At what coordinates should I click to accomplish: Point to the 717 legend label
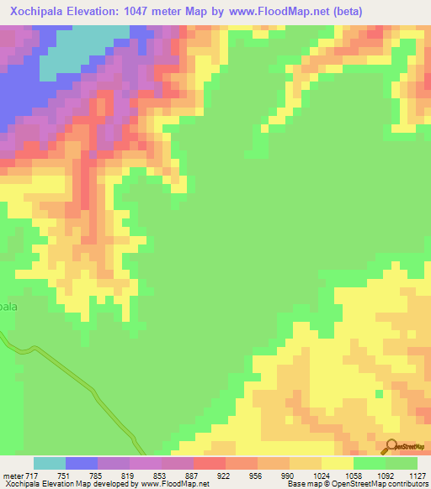(x=31, y=476)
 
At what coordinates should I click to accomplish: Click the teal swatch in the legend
(x=50, y=463)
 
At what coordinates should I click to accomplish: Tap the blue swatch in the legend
(x=82, y=463)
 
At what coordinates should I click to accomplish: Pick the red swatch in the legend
(x=210, y=463)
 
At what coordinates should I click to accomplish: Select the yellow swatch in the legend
(x=338, y=463)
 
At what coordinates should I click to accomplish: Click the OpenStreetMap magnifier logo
(x=392, y=446)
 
